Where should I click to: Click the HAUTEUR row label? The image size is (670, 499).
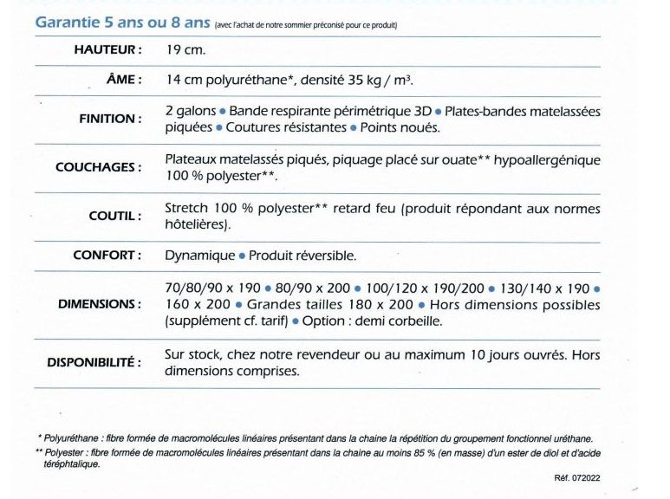point(107,50)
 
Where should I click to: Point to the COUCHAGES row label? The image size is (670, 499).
point(98,167)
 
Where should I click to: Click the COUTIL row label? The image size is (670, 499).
point(114,216)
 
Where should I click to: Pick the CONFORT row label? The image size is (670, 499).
point(108,256)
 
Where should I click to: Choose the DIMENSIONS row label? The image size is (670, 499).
point(100,304)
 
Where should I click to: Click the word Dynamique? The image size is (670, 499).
point(199,256)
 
